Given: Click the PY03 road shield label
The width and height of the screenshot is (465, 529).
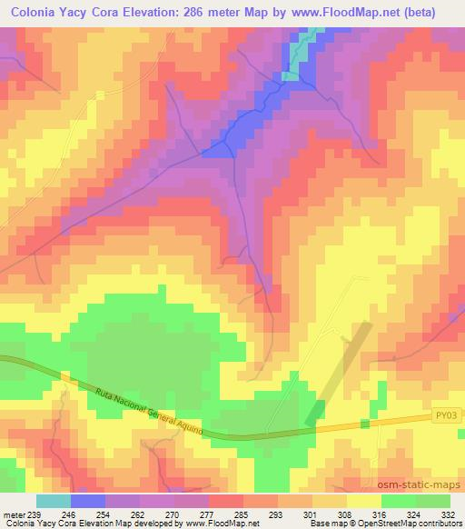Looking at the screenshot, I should tap(441, 416).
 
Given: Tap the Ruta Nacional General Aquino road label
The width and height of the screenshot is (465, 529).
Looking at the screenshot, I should tap(149, 407).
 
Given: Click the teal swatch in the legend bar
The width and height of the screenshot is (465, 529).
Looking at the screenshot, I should tap(54, 501).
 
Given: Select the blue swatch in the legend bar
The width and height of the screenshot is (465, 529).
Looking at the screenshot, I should tap(88, 501).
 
